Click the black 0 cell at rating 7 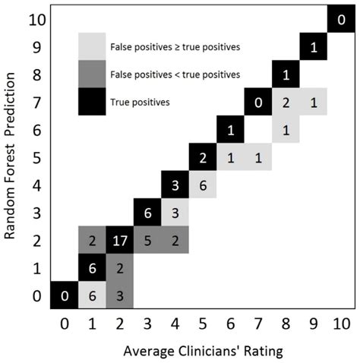pyautogui.click(x=258, y=102)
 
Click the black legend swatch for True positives pyautogui.click(x=92, y=101)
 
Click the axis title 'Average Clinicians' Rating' pyautogui.click(x=203, y=352)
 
